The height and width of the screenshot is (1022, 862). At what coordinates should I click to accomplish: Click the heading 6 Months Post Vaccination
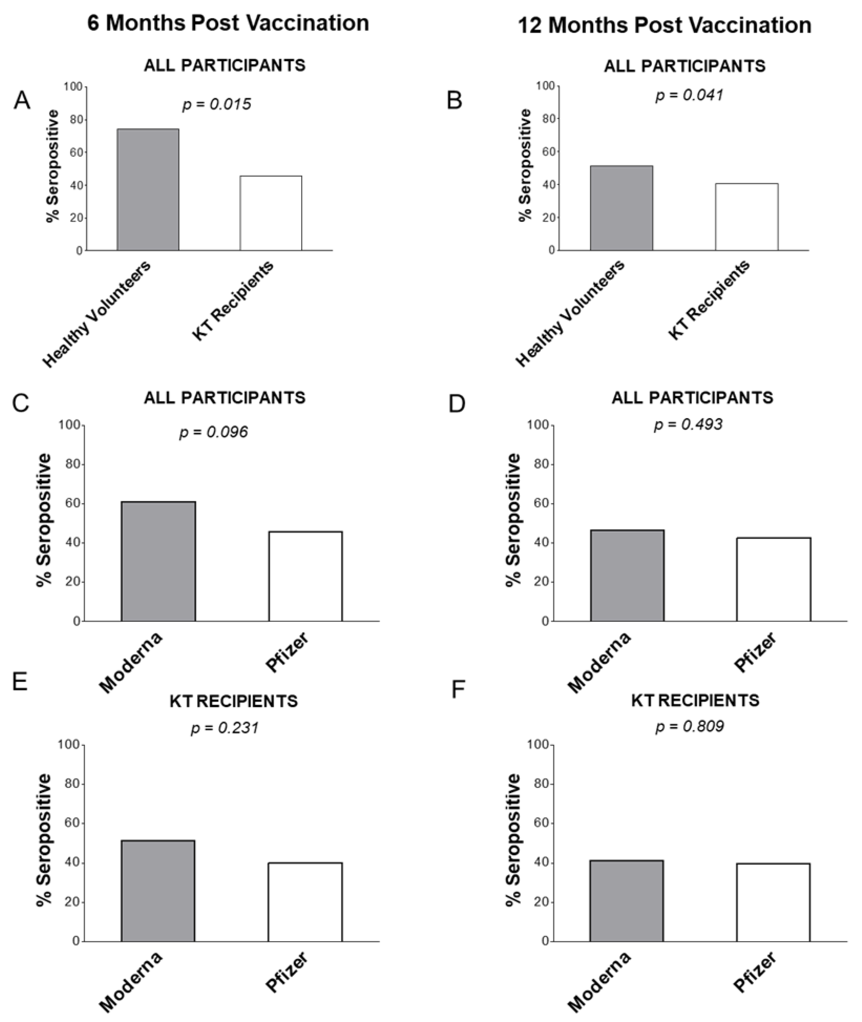pyautogui.click(x=228, y=23)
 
